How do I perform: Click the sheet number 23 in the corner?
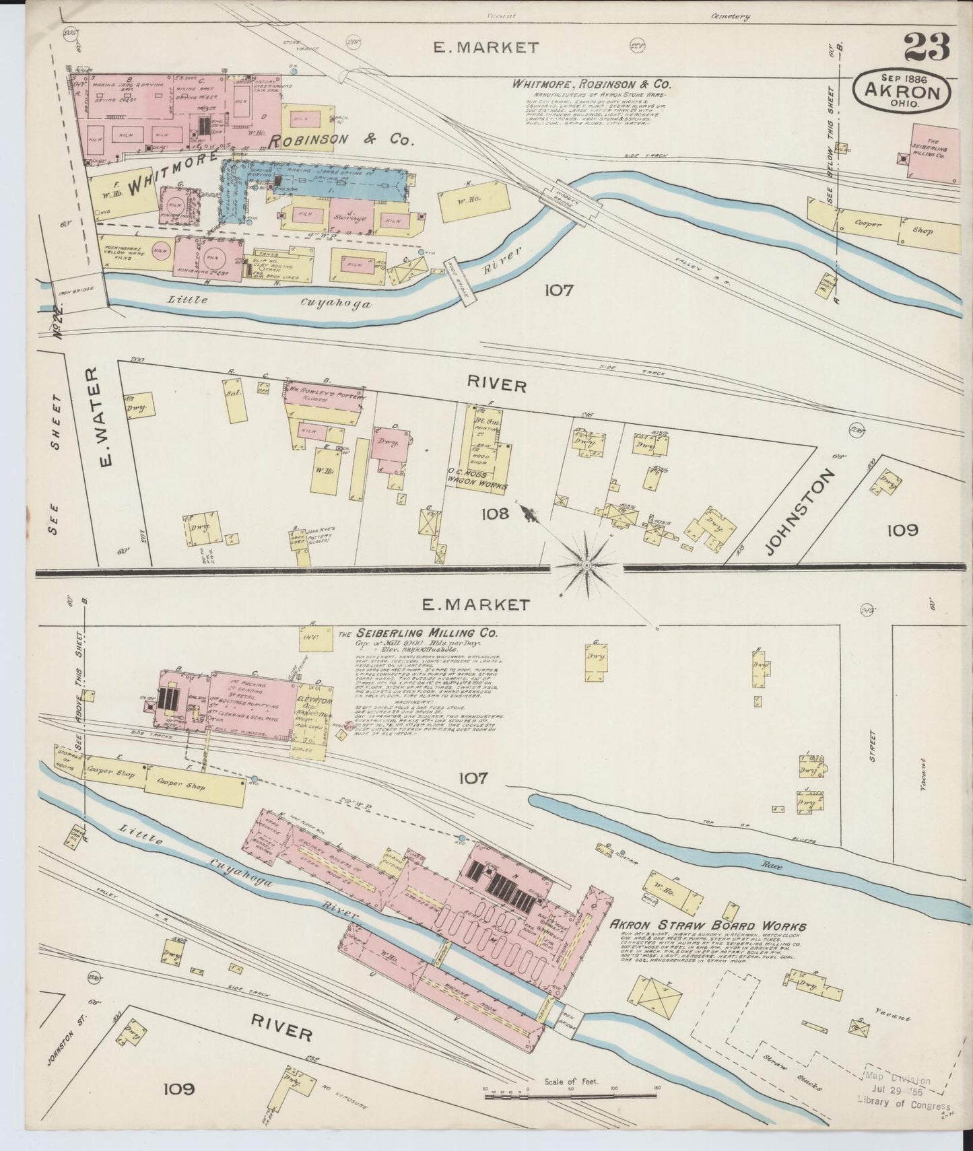(927, 47)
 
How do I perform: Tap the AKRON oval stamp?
(902, 89)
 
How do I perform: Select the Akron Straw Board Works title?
(707, 926)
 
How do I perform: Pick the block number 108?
(494, 515)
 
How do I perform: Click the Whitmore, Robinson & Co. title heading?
(591, 84)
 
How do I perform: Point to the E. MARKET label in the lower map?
(475, 604)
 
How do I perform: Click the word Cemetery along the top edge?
(729, 17)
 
